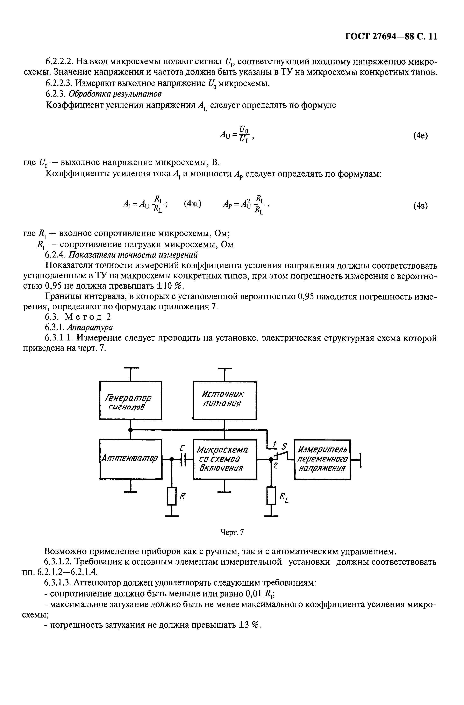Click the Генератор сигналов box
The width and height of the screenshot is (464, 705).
(130, 400)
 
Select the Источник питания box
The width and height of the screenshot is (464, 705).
(224, 400)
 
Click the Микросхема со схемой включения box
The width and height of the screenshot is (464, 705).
(224, 459)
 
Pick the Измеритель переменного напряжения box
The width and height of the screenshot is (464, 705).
(322, 459)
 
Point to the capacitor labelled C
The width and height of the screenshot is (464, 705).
(184, 459)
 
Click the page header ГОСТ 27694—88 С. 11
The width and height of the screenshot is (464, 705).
(391, 36)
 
